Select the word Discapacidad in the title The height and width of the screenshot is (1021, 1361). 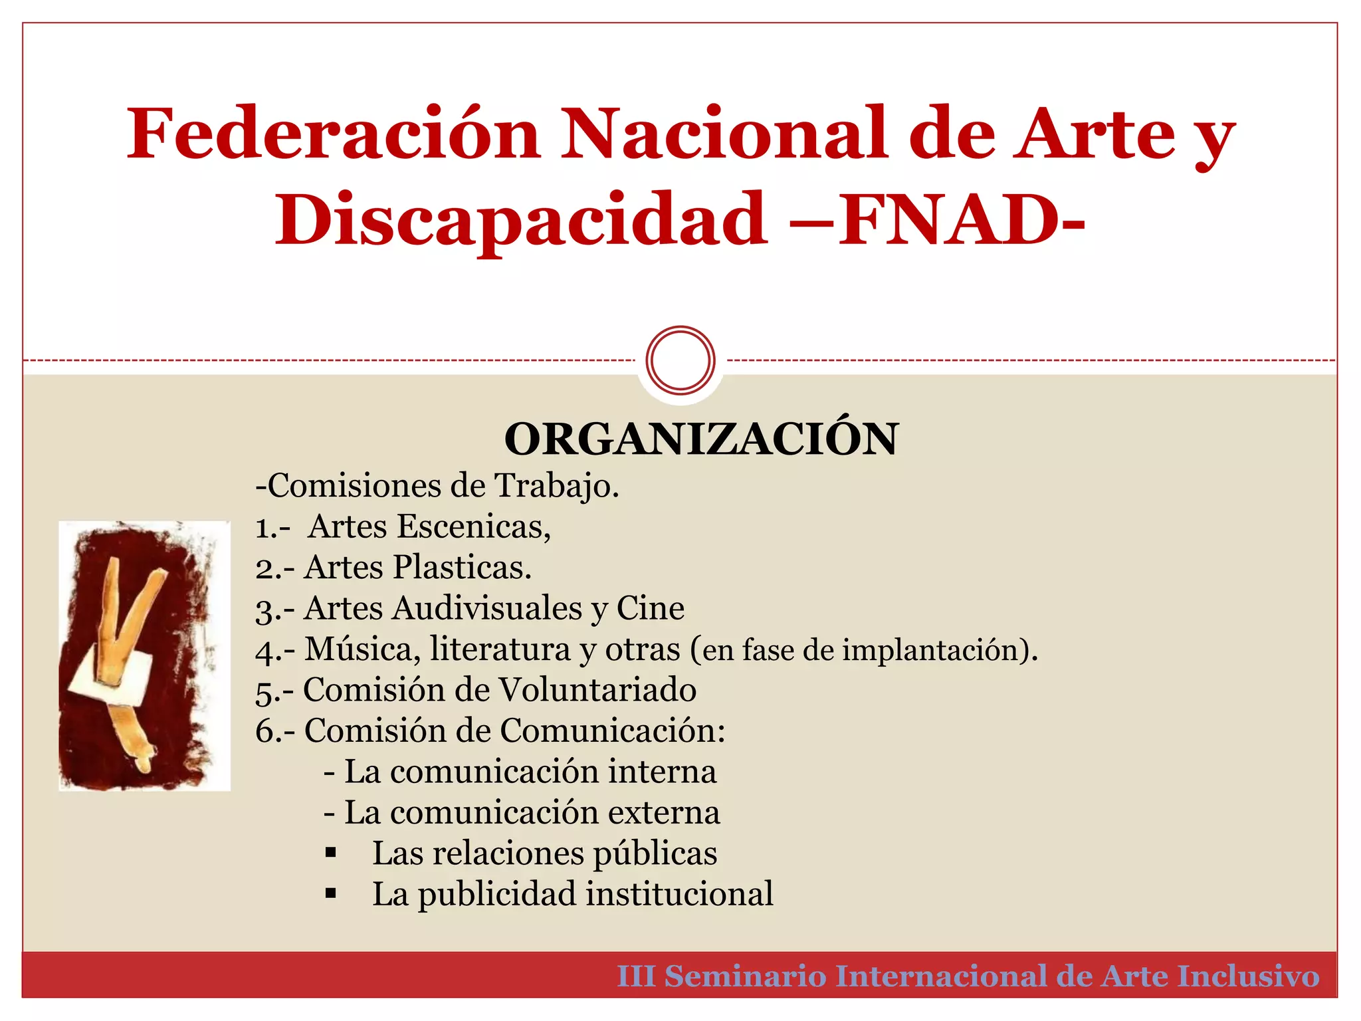(x=522, y=219)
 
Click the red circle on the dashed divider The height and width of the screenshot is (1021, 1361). (x=680, y=360)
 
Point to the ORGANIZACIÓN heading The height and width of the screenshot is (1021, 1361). (x=701, y=439)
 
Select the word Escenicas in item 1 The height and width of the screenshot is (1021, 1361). (x=473, y=526)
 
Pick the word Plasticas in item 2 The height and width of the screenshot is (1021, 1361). (x=461, y=568)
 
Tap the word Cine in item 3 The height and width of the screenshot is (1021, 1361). (x=650, y=608)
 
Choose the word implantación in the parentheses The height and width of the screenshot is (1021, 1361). (x=936, y=650)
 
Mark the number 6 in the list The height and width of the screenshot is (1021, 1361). (x=265, y=731)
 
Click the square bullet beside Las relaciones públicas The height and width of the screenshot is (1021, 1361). (x=331, y=853)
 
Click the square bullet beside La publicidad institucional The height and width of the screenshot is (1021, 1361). (x=331, y=894)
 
